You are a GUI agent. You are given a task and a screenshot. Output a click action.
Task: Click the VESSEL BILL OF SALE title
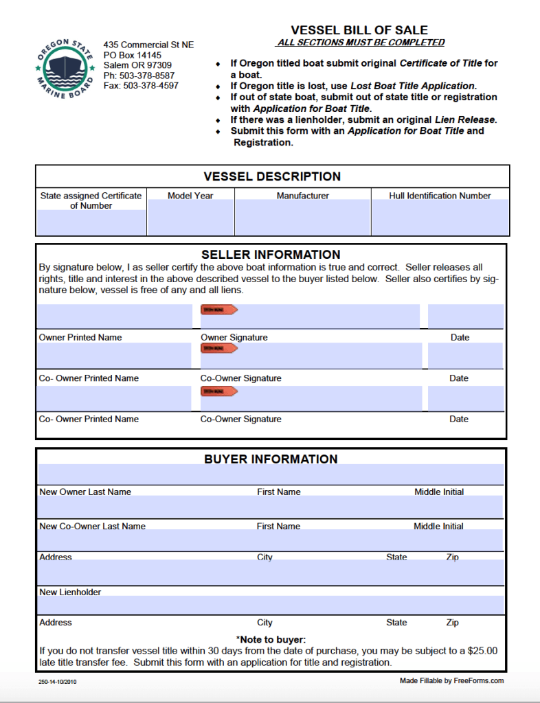[359, 30]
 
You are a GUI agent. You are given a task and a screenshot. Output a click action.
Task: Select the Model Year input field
[190, 218]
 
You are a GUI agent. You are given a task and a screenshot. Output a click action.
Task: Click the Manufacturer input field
[302, 218]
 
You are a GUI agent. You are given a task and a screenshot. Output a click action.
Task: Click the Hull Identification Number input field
[440, 218]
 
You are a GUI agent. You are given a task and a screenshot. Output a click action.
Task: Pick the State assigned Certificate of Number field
[91, 222]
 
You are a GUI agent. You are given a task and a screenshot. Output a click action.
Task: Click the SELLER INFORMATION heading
[271, 255]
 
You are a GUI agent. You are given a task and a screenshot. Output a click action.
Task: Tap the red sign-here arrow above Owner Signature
[218, 310]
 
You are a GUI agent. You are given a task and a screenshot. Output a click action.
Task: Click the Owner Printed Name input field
[113, 316]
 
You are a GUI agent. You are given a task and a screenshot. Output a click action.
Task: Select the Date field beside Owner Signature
[465, 316]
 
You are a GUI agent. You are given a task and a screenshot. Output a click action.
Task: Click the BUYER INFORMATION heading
[271, 459]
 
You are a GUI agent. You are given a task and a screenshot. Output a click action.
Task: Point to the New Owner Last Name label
[85, 492]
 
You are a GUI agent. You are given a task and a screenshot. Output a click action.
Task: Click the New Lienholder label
[70, 592]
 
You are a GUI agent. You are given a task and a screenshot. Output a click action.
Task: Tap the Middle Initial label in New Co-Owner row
[438, 527]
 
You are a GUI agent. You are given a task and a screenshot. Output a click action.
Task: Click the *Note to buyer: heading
[271, 640]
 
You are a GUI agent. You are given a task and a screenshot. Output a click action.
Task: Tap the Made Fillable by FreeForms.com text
[451, 681]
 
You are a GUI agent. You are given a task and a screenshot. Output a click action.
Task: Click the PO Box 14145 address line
[133, 55]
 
